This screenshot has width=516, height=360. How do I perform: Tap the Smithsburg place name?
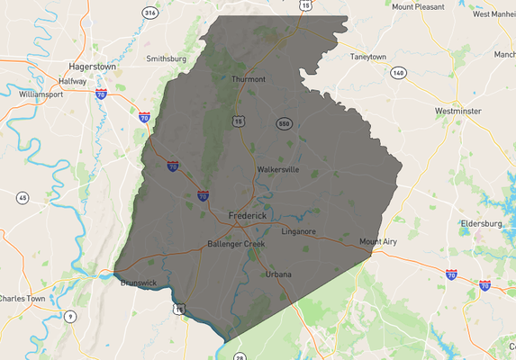[x=166, y=58]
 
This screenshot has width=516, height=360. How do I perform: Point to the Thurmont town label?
[x=249, y=79]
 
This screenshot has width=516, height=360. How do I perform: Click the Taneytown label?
[x=367, y=57]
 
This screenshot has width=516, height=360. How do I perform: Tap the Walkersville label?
[x=277, y=168]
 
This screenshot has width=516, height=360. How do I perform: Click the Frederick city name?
[x=248, y=216]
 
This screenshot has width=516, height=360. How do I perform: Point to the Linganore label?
[x=299, y=231]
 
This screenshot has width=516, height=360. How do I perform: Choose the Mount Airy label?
[x=378, y=241]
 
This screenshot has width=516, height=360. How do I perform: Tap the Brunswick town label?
[x=139, y=283]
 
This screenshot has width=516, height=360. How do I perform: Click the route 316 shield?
[x=149, y=13]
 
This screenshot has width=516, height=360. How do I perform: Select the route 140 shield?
[x=398, y=71]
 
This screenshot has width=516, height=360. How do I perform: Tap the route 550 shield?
[x=284, y=122]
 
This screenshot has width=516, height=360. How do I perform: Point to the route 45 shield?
[x=23, y=197]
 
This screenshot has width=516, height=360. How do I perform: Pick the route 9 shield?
[x=70, y=315]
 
